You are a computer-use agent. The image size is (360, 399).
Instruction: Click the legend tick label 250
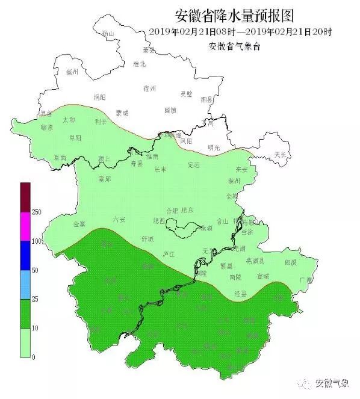click(x=36, y=212)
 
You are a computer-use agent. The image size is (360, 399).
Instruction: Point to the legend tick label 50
click(x=34, y=270)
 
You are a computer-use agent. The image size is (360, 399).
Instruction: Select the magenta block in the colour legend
click(x=25, y=226)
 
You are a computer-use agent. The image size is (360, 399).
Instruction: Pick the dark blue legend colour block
click(x=25, y=256)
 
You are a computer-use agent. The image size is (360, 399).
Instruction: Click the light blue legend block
click(x=25, y=285)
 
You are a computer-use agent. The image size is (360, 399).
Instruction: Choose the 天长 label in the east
click(x=281, y=155)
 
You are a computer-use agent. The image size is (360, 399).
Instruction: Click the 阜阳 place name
click(x=75, y=138)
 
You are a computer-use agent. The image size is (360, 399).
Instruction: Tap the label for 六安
click(x=119, y=219)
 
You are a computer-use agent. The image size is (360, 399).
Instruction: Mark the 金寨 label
click(x=79, y=224)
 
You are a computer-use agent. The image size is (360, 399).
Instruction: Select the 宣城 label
click(x=263, y=276)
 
